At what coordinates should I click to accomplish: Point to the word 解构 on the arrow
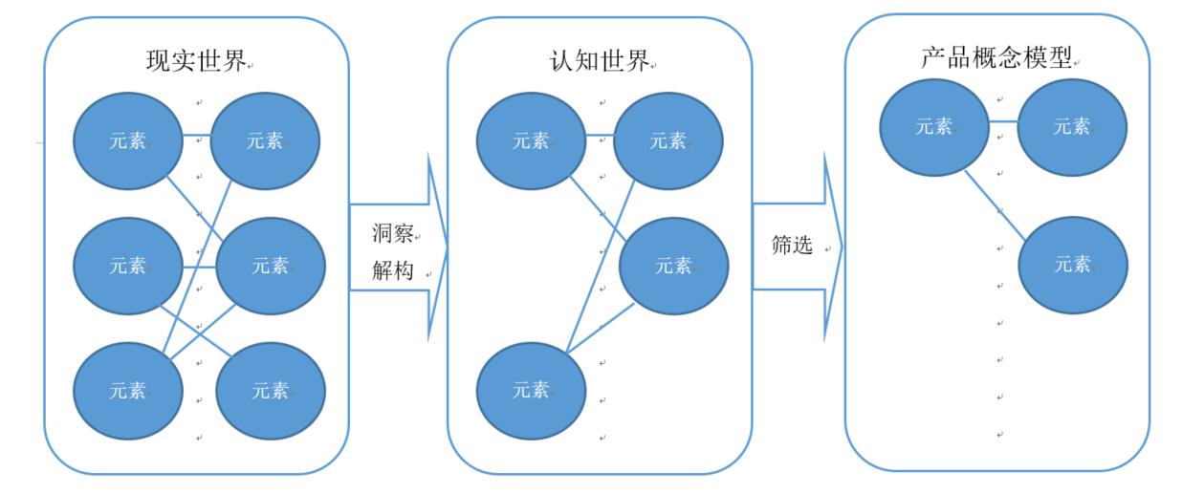[x=392, y=270]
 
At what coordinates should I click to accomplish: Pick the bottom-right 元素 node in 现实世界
[x=271, y=389]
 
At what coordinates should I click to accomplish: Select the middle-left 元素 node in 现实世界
[x=128, y=265]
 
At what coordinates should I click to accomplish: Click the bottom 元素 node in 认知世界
[x=531, y=389]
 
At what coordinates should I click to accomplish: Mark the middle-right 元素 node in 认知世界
[x=674, y=266]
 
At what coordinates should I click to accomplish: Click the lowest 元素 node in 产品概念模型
[x=1072, y=265]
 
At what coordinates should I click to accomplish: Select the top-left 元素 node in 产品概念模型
[x=934, y=126]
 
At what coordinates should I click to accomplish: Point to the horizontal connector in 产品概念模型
[x=1003, y=121]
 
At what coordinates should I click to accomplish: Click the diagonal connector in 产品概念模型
[x=995, y=204]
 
